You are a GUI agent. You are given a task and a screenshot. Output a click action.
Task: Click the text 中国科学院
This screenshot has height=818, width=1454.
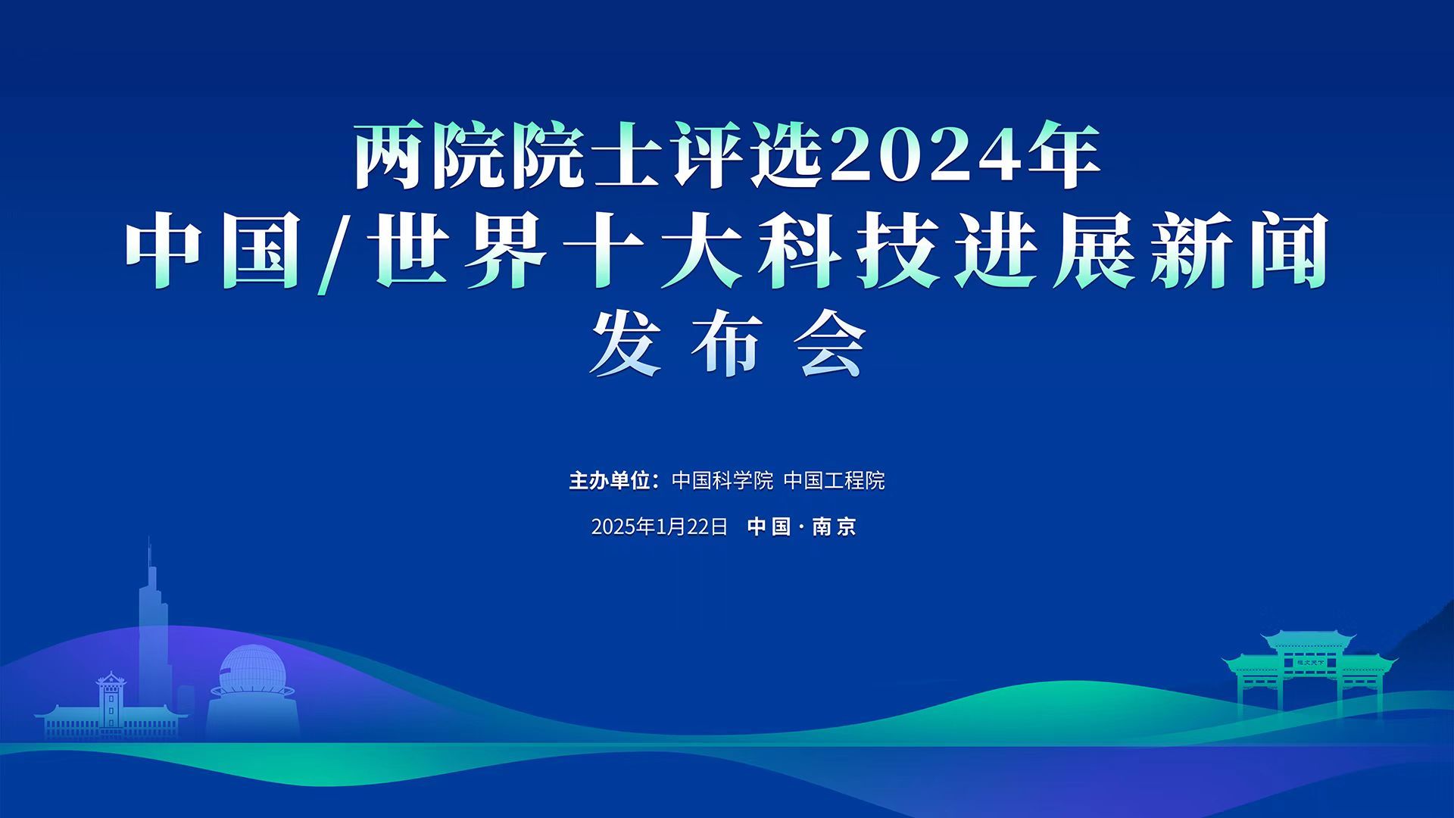(x=722, y=481)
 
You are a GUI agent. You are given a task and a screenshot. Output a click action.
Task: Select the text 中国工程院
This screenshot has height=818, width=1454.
(x=834, y=481)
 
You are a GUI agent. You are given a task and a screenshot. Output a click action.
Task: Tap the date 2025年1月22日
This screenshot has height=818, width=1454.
(x=659, y=527)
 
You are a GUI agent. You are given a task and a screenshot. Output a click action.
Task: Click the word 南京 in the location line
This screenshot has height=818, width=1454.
(x=834, y=527)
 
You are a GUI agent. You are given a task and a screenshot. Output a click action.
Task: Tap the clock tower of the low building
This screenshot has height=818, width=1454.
(x=111, y=701)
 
